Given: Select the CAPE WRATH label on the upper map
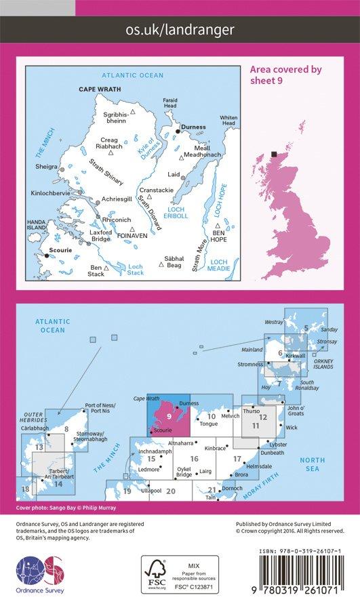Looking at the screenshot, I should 98,89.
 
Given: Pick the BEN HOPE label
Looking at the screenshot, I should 218,235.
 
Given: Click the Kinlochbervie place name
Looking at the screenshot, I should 49,194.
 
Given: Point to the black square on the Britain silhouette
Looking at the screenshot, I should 273,154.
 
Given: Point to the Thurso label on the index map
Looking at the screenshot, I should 252,411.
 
